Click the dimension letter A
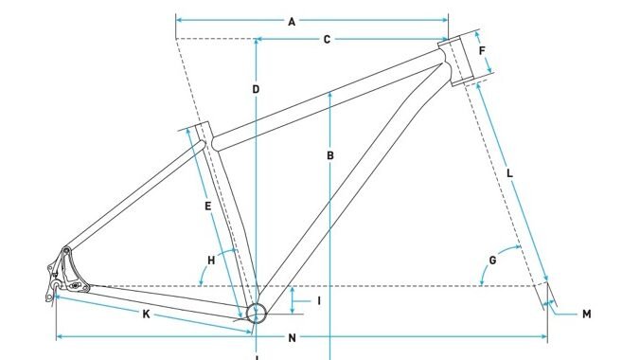click(x=292, y=20)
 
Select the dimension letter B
click(x=329, y=156)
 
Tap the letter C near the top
click(x=327, y=40)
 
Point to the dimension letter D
click(x=256, y=89)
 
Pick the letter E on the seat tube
click(x=206, y=205)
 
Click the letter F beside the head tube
click(x=482, y=51)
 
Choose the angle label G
click(x=492, y=260)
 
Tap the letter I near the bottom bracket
click(x=319, y=301)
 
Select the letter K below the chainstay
click(x=146, y=314)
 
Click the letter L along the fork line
click(x=510, y=173)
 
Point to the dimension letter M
click(x=586, y=314)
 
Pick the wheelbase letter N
click(x=292, y=337)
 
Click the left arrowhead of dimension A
click(x=179, y=19)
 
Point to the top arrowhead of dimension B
click(x=329, y=93)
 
